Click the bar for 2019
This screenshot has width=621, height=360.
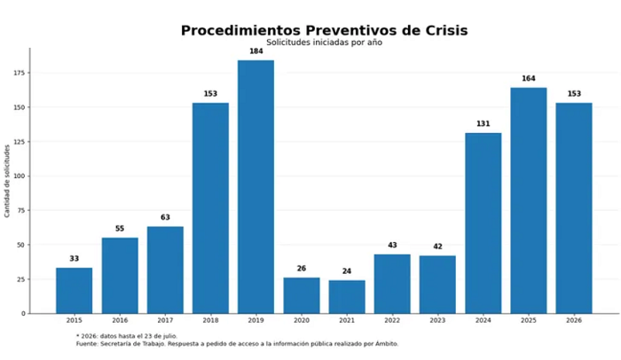point(255,187)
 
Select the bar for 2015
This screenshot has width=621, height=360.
point(74,291)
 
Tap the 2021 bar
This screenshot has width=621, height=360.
point(347,297)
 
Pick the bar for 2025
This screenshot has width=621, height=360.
point(529,200)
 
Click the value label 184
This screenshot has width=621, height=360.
point(255,51)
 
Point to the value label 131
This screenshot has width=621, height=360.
point(483,124)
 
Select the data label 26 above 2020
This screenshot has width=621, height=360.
point(302,269)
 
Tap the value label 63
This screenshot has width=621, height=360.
point(165,217)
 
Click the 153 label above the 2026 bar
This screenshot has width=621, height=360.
point(574,94)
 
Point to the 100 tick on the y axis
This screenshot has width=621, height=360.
point(20,176)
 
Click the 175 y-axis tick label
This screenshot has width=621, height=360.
point(20,73)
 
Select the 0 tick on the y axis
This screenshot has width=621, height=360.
point(23,314)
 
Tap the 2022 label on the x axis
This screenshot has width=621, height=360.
point(392,320)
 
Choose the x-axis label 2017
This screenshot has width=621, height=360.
point(165,320)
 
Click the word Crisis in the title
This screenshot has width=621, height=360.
point(447,30)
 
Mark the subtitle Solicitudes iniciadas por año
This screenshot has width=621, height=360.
point(324,43)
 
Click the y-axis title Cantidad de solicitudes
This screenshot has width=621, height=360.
point(7,181)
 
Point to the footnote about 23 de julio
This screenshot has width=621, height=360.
point(127,336)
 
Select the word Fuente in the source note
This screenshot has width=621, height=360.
point(87,344)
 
